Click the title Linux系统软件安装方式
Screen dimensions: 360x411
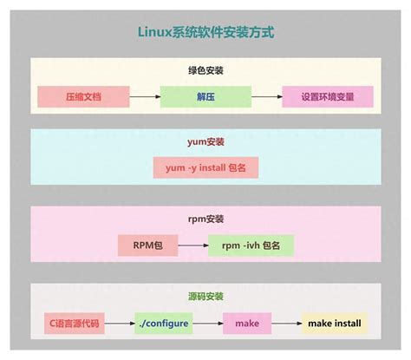coord(205,32)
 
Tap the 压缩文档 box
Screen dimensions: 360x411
coord(83,95)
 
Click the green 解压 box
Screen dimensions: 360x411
coord(205,95)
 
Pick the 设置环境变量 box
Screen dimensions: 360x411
coord(328,95)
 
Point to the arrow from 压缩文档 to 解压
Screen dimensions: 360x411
coord(144,95)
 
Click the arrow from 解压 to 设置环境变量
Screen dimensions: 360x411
coord(265,95)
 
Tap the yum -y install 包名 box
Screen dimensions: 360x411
coord(205,168)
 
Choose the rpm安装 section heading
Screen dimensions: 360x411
coord(205,220)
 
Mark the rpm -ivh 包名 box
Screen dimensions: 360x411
coord(251,245)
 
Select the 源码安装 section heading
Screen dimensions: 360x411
coord(205,298)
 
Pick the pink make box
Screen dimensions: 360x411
coord(246,324)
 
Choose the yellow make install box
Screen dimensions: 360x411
coord(335,324)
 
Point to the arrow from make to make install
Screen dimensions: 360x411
coord(286,324)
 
